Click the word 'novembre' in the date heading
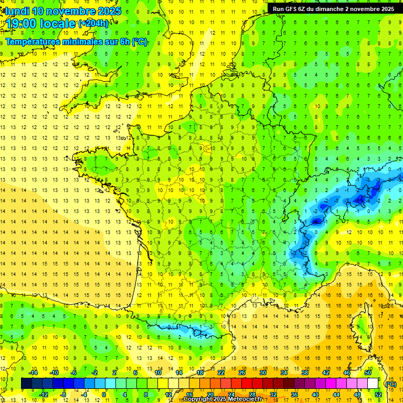point(68,11)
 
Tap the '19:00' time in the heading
point(23,23)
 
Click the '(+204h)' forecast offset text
point(94,23)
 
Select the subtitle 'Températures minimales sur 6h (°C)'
point(76,42)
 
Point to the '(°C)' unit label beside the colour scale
point(390,384)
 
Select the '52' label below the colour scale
point(378,395)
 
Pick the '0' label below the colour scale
point(103,395)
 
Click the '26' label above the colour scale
point(242,373)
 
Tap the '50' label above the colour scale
point(368,373)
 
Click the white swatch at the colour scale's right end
point(373,384)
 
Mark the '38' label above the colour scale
point(305,373)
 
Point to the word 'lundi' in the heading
point(16,11)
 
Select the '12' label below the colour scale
point(168,395)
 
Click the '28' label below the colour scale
point(252,395)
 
